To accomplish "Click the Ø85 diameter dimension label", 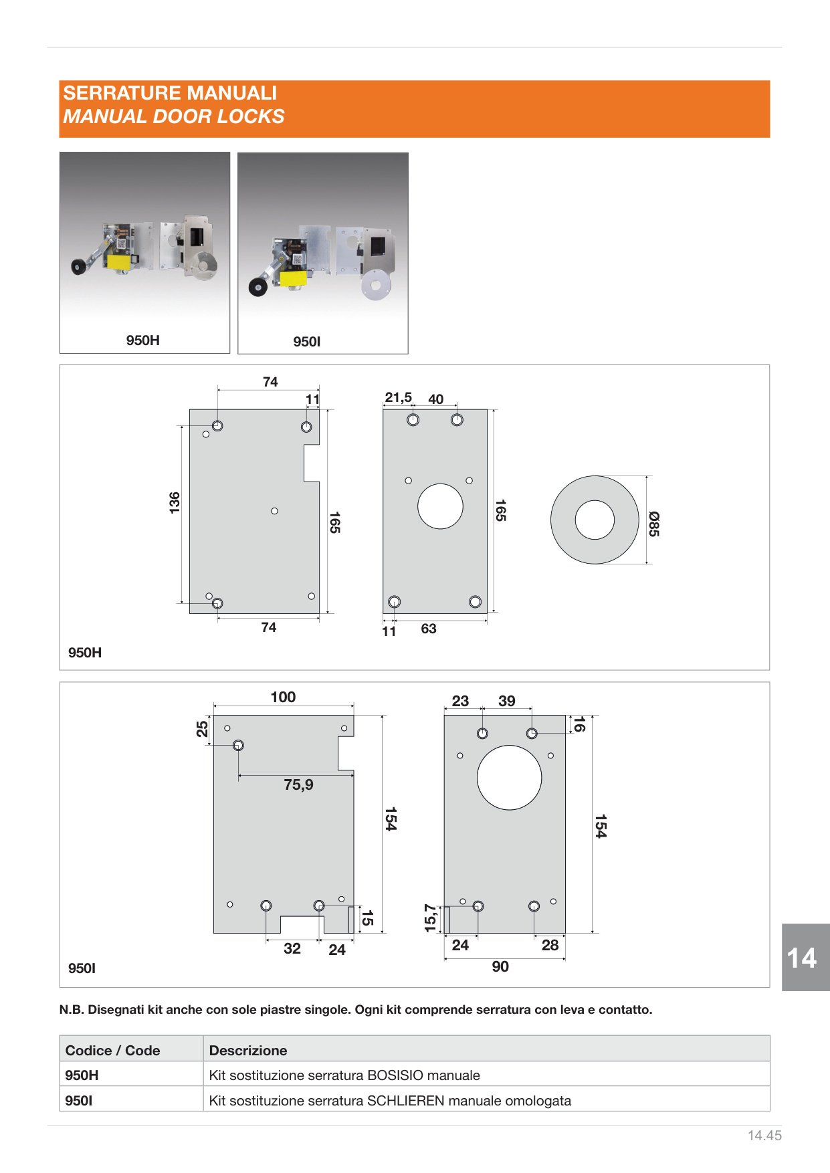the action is pos(654,524).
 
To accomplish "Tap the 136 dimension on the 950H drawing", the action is pos(175,502).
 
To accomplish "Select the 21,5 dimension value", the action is pos(398,397).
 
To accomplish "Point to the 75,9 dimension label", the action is pos(298,784).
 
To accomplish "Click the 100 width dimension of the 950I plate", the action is pos(283,697).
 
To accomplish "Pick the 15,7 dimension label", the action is pos(430,918).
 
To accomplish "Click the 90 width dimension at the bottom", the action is pos(500,966).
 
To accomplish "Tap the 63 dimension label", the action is pos(429,629).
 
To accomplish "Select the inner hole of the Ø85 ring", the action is pos(595,520).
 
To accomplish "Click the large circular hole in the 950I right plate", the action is pos(509,778).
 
